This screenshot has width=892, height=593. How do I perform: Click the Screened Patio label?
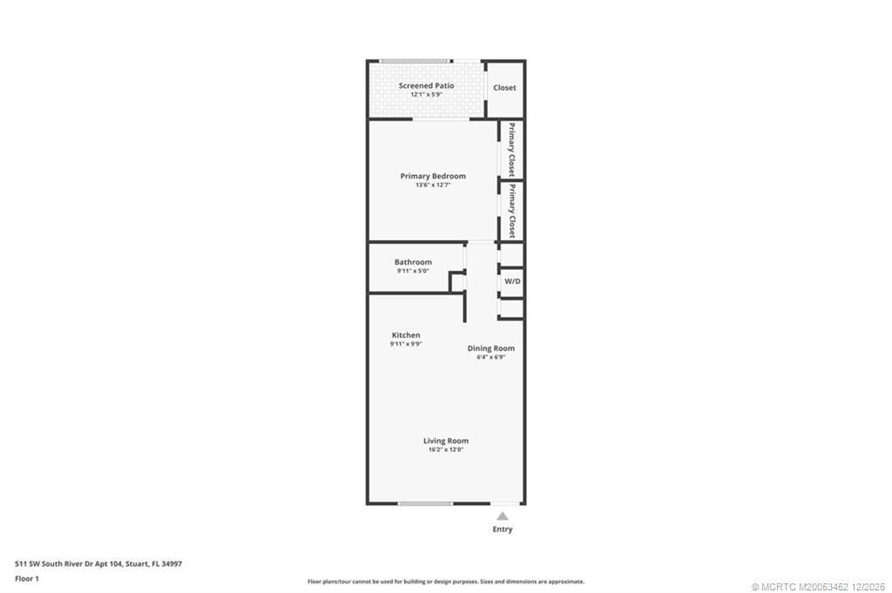pyautogui.click(x=426, y=85)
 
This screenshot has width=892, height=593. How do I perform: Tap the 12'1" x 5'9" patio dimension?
pyautogui.click(x=426, y=95)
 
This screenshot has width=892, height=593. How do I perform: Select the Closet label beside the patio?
pyautogui.click(x=504, y=88)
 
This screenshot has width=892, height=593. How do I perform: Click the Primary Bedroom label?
pyautogui.click(x=433, y=176)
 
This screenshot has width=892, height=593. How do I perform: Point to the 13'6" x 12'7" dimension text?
pyautogui.click(x=433, y=185)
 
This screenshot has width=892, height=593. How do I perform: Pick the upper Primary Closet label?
pyautogui.click(x=512, y=150)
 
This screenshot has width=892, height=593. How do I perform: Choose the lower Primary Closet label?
pyautogui.click(x=512, y=211)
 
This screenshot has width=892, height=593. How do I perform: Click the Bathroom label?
pyautogui.click(x=413, y=262)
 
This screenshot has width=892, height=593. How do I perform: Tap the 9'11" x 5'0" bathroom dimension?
pyautogui.click(x=413, y=271)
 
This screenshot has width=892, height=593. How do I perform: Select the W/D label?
pyautogui.click(x=512, y=281)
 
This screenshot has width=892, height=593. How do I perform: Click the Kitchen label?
pyautogui.click(x=406, y=335)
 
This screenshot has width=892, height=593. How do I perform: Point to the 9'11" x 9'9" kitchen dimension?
pyautogui.click(x=406, y=344)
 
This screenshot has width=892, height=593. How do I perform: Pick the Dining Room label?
pyautogui.click(x=491, y=348)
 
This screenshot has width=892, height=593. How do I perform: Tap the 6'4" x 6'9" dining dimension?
pyautogui.click(x=491, y=357)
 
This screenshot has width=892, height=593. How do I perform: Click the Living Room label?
pyautogui.click(x=446, y=441)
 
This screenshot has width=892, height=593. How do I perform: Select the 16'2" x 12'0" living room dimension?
pyautogui.click(x=446, y=450)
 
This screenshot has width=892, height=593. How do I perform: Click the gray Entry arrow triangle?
pyautogui.click(x=503, y=516)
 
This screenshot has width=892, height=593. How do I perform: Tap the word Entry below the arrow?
pyautogui.click(x=503, y=529)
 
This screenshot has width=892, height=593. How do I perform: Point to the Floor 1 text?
pyautogui.click(x=27, y=578)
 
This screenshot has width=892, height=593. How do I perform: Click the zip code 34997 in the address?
pyautogui.click(x=172, y=563)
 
